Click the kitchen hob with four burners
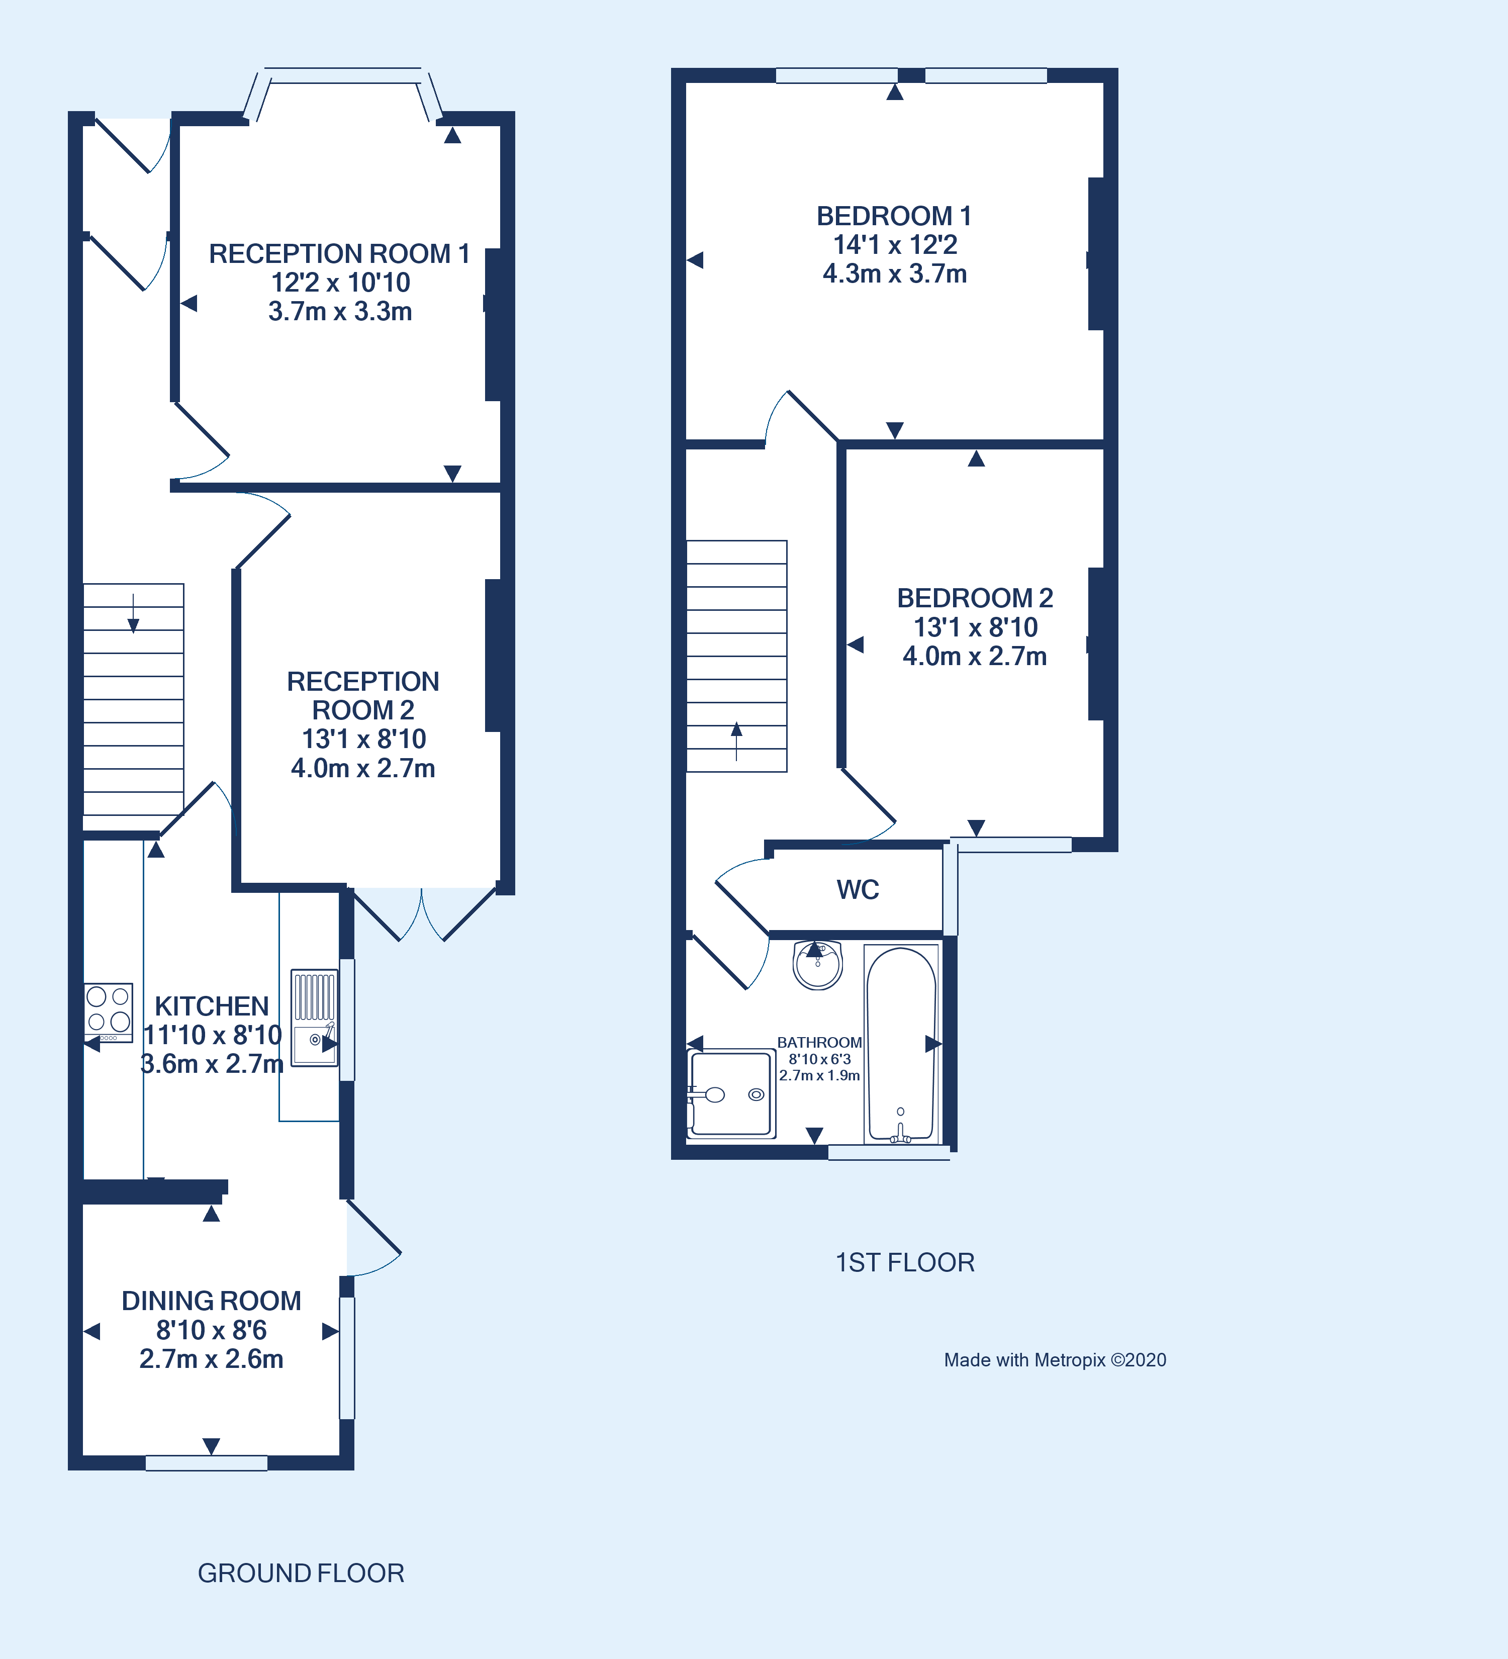coord(108,1009)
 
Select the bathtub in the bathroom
coord(901,1044)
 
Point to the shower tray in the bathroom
coord(730,1093)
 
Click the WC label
coord(857,889)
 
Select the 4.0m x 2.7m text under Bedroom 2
coord(974,656)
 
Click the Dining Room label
coord(212,1300)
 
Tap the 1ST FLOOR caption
coord(904,1262)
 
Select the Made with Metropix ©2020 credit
coord(1054,1359)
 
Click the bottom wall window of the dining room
coord(207,1462)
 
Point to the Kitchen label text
coord(212,1005)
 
